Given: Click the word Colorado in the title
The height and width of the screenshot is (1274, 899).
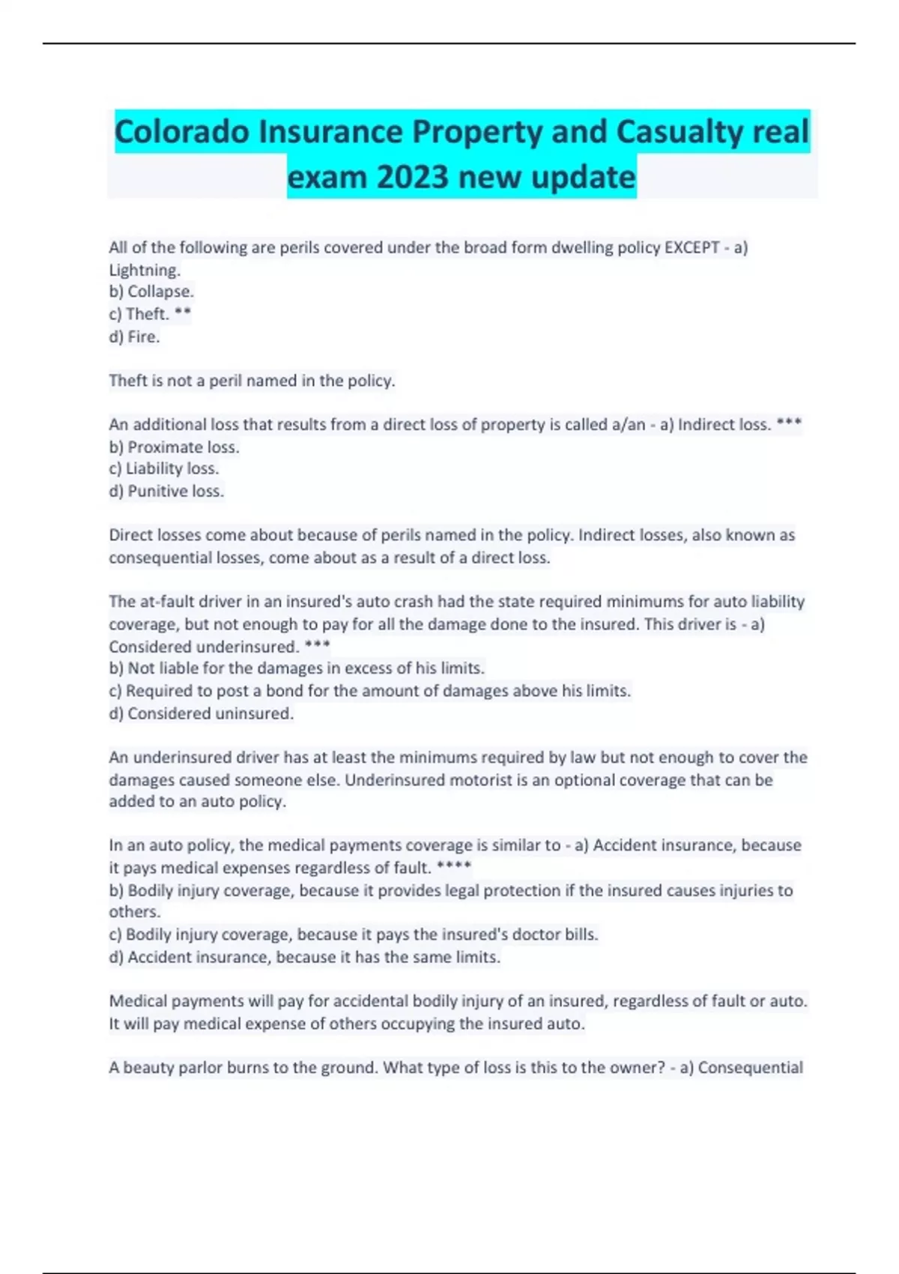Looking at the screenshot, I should click(x=182, y=133).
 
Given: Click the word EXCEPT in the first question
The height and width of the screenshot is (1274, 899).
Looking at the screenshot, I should click(x=691, y=247).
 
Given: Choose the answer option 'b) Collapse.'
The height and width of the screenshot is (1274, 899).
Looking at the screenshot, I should click(x=151, y=292).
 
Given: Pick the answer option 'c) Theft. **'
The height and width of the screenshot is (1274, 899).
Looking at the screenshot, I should click(x=150, y=314).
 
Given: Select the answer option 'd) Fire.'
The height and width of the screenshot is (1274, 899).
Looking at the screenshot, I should click(x=135, y=337).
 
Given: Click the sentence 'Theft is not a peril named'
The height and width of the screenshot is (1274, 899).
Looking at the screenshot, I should click(x=252, y=381).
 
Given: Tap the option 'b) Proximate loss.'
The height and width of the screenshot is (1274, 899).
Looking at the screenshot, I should click(x=175, y=447).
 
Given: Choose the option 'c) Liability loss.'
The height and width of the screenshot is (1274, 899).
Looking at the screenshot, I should click(x=164, y=469).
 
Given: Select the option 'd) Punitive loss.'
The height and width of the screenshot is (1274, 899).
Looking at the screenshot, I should click(x=166, y=492).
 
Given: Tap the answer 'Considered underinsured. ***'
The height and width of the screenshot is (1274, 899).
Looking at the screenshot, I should click(x=219, y=647).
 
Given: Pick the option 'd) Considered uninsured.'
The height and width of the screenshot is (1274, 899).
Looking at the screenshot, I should click(x=201, y=713).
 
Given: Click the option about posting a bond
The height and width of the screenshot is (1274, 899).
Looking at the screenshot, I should click(x=370, y=691).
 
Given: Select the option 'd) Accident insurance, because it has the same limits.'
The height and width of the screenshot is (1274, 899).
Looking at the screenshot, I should click(x=305, y=957).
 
